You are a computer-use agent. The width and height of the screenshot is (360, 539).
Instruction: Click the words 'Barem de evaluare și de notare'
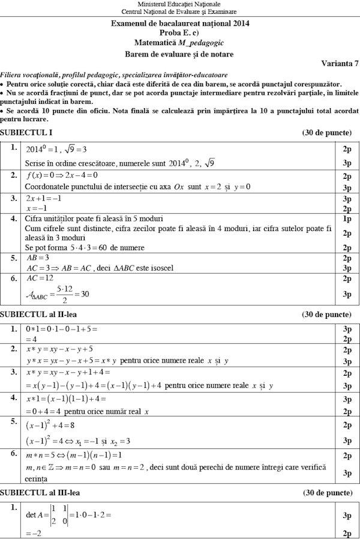[x=179, y=54]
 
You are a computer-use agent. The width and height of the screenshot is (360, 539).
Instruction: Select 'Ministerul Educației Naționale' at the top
[x=179, y=4]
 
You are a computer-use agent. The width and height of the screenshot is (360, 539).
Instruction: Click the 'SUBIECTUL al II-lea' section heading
[x=39, y=314]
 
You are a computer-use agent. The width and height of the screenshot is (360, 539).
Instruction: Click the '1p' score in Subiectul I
[x=347, y=218]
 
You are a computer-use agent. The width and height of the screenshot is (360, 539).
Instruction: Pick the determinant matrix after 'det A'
[x=58, y=514]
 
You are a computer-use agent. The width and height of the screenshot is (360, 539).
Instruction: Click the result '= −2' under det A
[x=32, y=533]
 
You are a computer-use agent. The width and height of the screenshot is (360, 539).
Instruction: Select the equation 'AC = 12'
[x=40, y=279]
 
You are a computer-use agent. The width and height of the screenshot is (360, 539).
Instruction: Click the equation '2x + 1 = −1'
[x=44, y=198]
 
